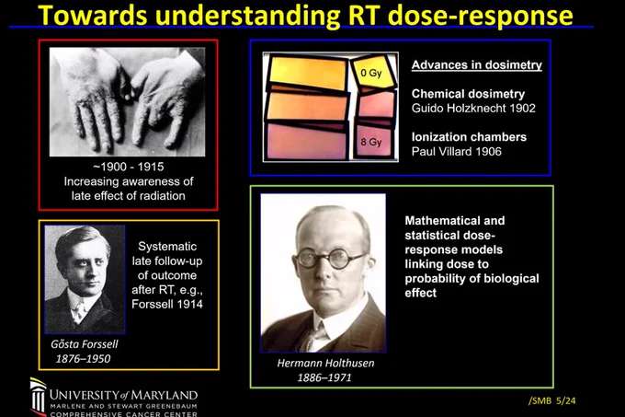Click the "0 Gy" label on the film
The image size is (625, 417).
click(371, 73)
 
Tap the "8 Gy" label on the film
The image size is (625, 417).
click(371, 142)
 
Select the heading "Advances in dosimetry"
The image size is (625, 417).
click(477, 65)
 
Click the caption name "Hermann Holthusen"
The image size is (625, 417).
click(325, 363)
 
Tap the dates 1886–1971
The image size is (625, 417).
click(324, 377)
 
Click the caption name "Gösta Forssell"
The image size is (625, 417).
click(85, 344)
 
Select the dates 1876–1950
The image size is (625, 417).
click(83, 359)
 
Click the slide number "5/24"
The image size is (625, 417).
click(566, 400)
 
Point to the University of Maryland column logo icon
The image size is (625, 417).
click(39, 397)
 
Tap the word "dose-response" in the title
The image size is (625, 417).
click(480, 17)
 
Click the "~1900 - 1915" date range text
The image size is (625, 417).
click(129, 167)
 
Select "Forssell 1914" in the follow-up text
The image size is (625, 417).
click(167, 304)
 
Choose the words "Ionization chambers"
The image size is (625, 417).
click(469, 137)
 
